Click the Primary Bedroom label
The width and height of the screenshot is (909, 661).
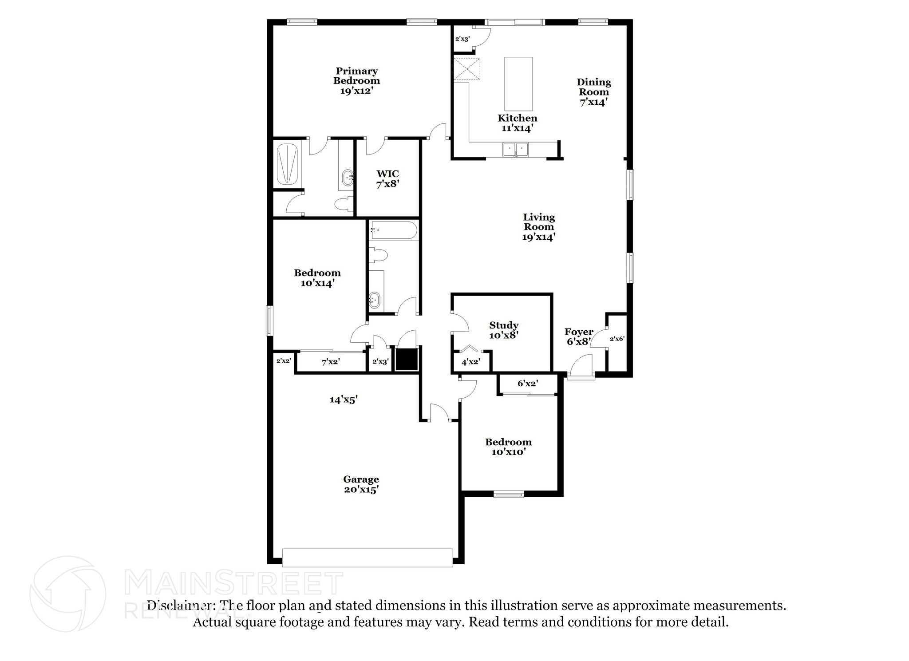(356, 81)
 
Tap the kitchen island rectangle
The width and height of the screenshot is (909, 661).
(518, 83)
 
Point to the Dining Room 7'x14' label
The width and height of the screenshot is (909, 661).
(593, 92)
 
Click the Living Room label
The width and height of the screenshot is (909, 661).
(539, 227)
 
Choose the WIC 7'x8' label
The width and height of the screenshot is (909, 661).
(387, 178)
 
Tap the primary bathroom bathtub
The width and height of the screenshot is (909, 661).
(288, 163)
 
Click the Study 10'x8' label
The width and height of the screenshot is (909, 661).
(504, 330)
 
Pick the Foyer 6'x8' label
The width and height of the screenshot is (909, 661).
(578, 336)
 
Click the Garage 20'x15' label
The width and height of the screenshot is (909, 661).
(361, 484)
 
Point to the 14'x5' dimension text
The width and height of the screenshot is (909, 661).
(344, 400)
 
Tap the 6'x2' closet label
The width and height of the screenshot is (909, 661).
(528, 383)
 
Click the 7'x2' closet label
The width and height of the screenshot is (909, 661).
(331, 362)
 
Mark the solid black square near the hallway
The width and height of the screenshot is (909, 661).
(407, 359)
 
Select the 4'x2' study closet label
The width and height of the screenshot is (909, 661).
(470, 362)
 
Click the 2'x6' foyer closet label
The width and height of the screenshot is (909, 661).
(617, 339)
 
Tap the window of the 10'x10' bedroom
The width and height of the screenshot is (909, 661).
(509, 494)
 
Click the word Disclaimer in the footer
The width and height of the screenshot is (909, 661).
(179, 606)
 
